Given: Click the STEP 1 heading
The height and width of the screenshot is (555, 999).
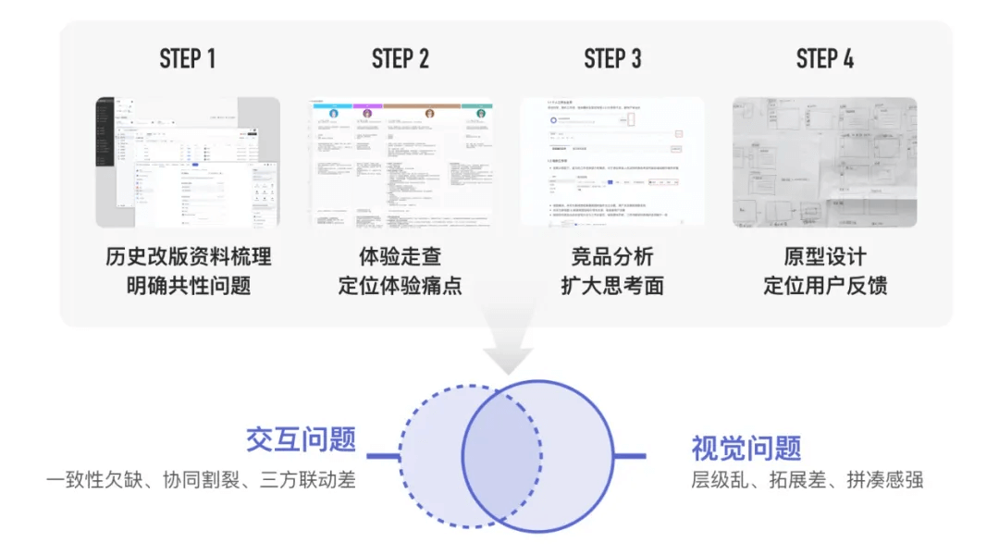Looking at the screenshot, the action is tap(188, 59).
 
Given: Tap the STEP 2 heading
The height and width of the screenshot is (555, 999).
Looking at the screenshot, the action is tap(401, 59).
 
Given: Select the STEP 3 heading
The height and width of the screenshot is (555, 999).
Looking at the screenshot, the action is tap(612, 59).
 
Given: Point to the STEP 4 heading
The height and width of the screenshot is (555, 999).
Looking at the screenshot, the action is tap(825, 59).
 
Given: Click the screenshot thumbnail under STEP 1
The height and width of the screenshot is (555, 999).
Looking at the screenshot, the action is tap(188, 162).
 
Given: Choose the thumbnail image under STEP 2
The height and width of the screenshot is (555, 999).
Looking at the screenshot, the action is tap(401, 162).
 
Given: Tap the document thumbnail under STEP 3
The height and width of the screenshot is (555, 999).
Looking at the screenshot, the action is tap(612, 162).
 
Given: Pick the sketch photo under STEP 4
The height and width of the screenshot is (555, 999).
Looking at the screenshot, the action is tap(825, 162).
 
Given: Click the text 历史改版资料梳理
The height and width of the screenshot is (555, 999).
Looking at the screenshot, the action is tap(188, 256).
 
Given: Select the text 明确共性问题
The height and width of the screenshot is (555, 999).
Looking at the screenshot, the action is tap(188, 286).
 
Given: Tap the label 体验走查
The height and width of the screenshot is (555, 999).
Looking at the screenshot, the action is tap(401, 256).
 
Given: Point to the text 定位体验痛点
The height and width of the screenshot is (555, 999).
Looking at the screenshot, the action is tap(401, 286).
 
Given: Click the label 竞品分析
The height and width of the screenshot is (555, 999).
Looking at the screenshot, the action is tap(612, 256).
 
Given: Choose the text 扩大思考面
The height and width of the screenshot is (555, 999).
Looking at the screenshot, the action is tap(612, 286).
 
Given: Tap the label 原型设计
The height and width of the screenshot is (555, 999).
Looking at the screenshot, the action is tap(825, 256).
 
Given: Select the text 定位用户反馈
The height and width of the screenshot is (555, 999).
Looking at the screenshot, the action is tap(825, 286).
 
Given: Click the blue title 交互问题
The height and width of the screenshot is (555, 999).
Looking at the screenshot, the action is tap(301, 438).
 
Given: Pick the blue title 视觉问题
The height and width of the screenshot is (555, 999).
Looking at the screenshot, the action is tap(746, 448).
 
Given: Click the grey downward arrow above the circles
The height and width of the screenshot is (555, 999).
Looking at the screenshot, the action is tap(510, 347).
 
